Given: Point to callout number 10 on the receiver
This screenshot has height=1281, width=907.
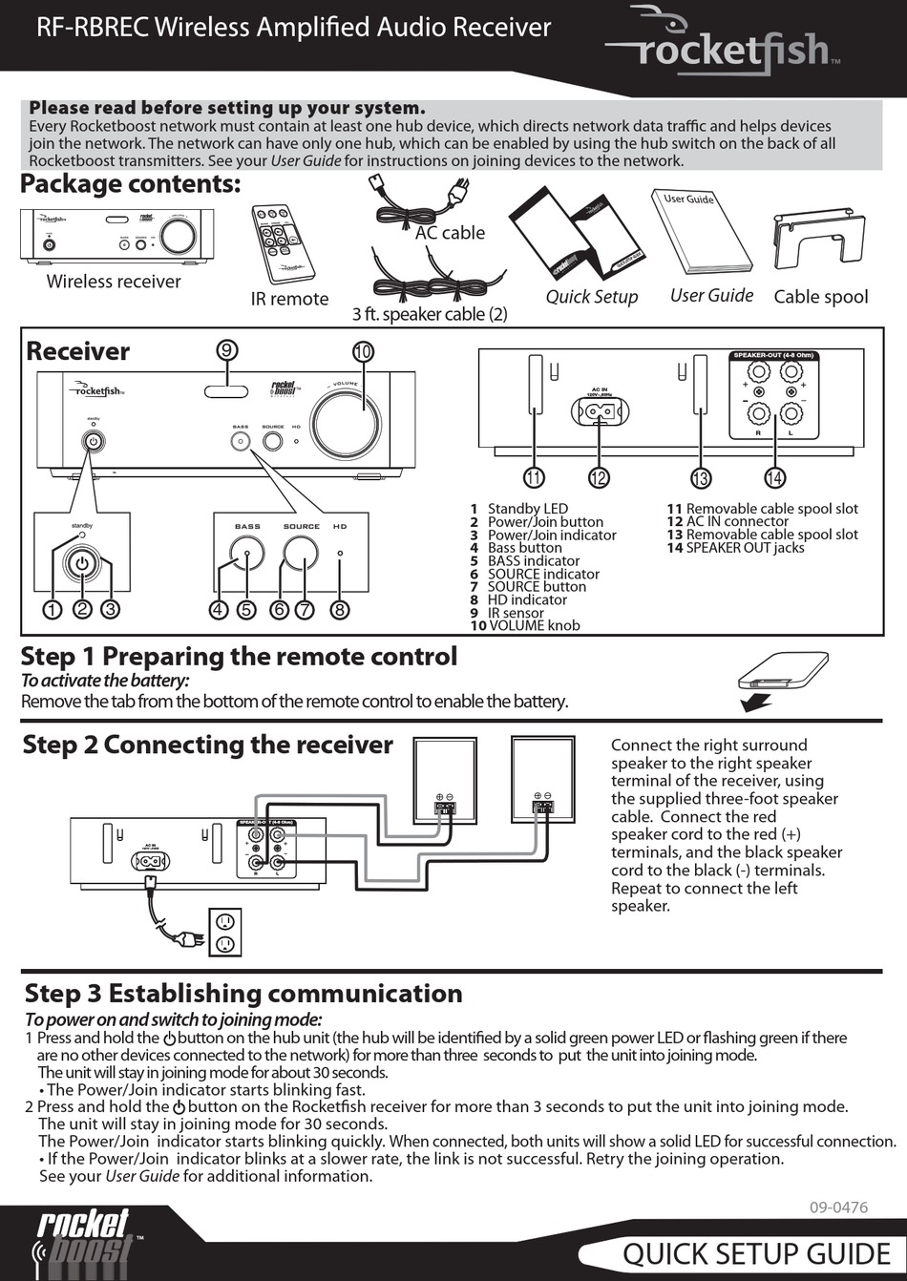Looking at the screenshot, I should click(362, 352).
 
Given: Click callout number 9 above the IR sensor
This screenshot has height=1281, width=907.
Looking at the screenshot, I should click(226, 350).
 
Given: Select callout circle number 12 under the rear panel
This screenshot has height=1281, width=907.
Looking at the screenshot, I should click(598, 477).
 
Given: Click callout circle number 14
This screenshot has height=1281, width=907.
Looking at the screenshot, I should click(774, 477).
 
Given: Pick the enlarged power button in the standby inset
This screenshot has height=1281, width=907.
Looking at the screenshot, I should click(82, 564).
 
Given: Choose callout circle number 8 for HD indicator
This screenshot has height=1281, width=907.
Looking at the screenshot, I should click(339, 609).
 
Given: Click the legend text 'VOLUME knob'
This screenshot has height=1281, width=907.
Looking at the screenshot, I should click(534, 625).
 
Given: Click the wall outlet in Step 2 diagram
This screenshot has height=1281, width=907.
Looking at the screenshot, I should click(225, 933).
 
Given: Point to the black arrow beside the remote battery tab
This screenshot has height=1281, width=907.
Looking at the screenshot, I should click(757, 703).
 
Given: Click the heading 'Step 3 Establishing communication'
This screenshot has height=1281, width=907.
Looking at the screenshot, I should click(243, 994).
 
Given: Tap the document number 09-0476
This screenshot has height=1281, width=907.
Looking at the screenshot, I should click(838, 1207).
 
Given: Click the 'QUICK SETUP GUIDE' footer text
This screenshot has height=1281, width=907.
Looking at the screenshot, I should click(756, 1253).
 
